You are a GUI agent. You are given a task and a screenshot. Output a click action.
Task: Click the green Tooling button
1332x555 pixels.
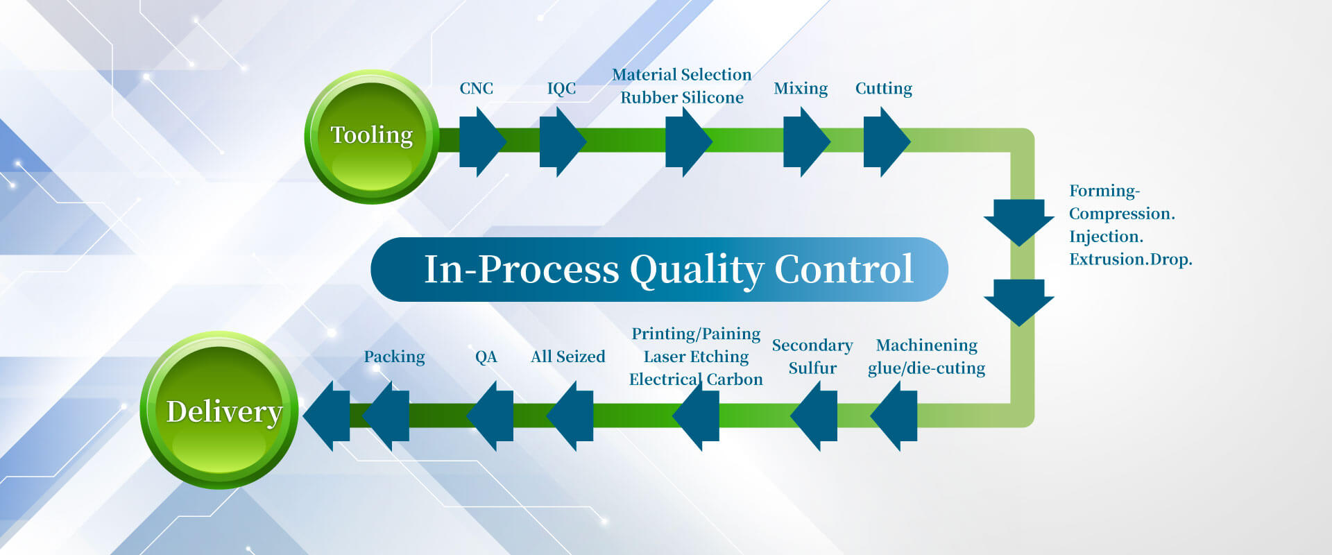[372, 137]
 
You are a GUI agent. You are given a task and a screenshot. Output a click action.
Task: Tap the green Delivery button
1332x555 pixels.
[220, 411]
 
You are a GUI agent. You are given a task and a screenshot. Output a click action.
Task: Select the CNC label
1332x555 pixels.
[476, 89]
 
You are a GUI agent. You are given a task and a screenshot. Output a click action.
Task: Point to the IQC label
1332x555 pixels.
[561, 89]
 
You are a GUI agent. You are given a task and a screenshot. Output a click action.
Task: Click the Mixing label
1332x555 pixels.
[801, 89]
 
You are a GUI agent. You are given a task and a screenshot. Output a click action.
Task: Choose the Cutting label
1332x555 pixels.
[883, 89]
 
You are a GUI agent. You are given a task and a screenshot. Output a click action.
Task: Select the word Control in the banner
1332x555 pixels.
[844, 268]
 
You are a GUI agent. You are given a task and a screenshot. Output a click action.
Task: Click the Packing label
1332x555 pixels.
[394, 357]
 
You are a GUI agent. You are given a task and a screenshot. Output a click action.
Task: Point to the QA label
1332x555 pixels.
[486, 357]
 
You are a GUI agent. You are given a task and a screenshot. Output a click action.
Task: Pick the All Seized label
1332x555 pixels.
[567, 357]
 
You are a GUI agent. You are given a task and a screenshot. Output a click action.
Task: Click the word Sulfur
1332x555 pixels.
[812, 368]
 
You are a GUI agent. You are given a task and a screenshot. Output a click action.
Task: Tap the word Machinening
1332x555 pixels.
[927, 345]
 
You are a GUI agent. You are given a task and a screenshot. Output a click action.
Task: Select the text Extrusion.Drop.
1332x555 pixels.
[1131, 259]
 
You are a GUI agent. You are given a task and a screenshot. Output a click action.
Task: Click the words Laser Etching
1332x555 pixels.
[696, 357]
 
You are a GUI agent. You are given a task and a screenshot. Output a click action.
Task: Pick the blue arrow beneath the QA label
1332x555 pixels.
[490, 416]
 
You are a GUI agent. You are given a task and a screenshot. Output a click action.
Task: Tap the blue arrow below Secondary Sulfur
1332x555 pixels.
[814, 416]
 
